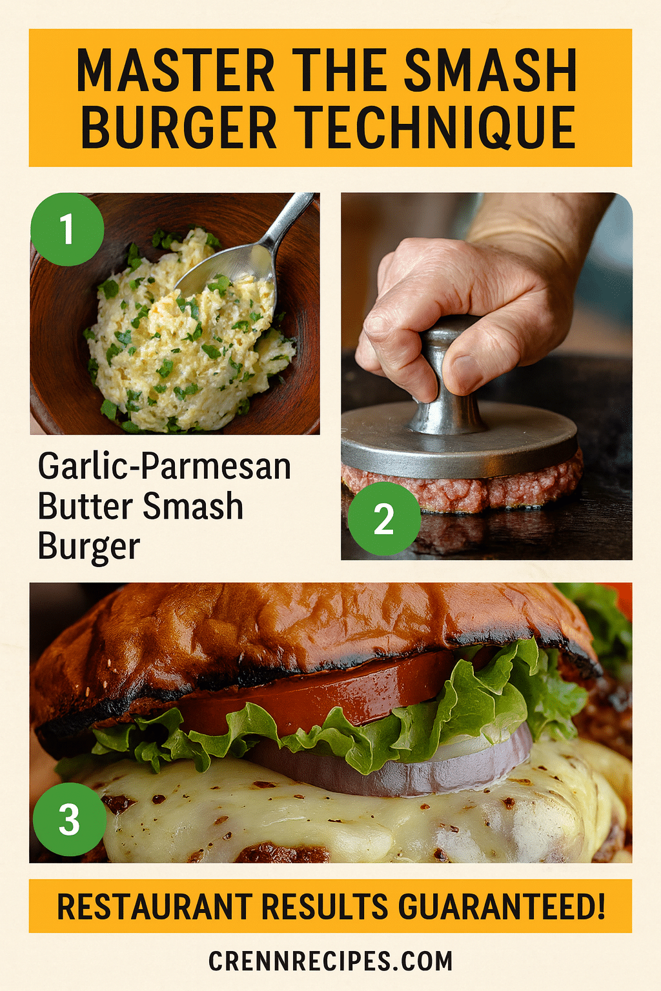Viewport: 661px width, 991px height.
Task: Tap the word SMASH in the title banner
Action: click(491, 71)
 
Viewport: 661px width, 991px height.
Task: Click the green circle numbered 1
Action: click(67, 229)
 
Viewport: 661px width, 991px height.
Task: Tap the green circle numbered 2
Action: click(384, 519)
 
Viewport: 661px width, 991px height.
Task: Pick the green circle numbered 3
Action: click(69, 819)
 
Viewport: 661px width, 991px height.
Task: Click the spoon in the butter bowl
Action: click(245, 258)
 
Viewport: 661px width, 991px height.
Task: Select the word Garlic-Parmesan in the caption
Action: click(165, 466)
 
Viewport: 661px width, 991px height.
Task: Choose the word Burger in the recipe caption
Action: click(88, 546)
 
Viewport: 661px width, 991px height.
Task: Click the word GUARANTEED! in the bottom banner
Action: click(502, 906)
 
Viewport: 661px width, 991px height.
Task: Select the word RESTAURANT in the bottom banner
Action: click(155, 906)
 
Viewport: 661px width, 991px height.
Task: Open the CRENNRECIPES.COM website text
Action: click(330, 961)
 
